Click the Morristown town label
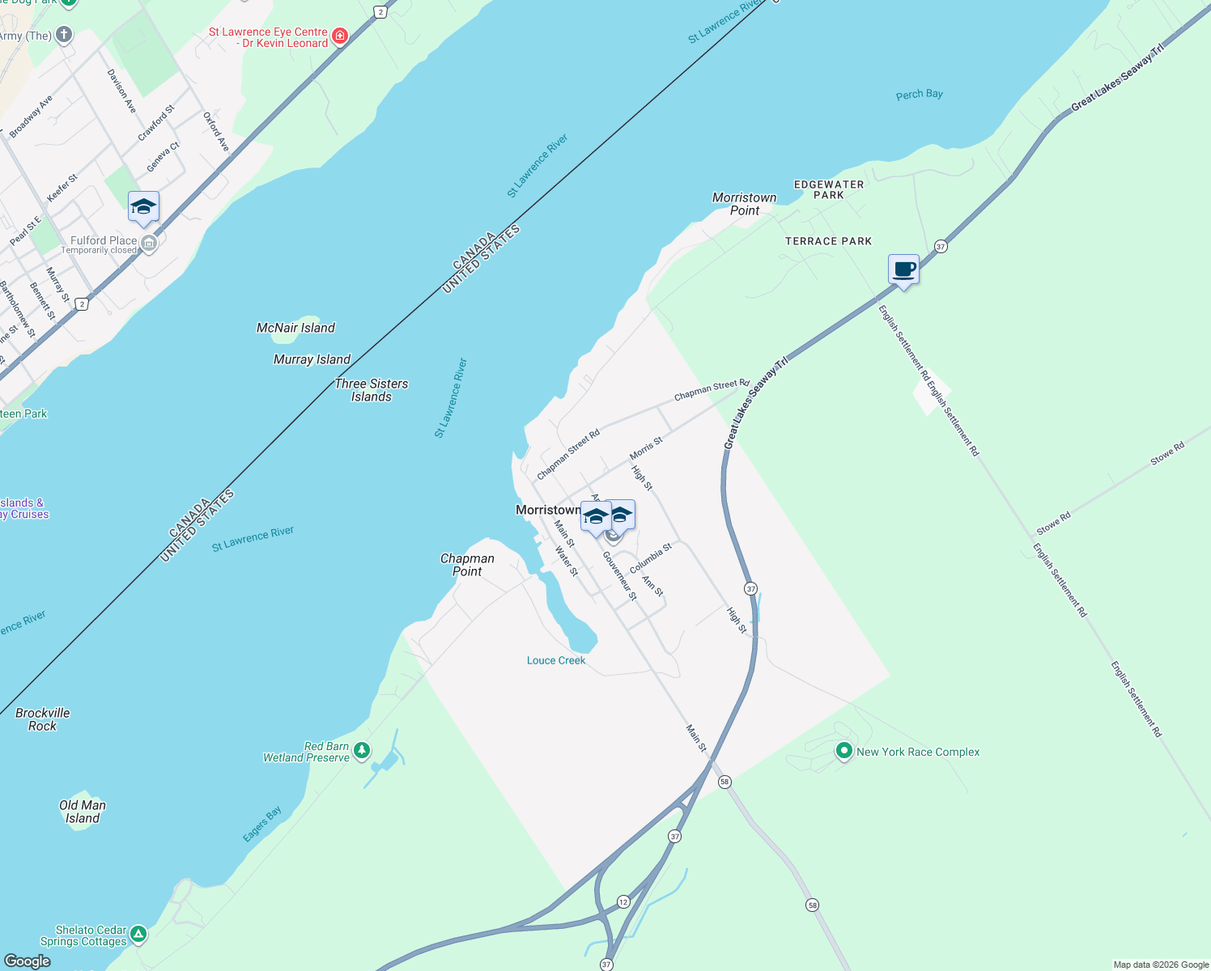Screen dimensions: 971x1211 click(548, 510)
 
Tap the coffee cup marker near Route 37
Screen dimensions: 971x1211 click(903, 270)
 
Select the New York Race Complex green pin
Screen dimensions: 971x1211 click(843, 751)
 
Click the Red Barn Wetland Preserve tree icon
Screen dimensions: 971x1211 click(362, 750)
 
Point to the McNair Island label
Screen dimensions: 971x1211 click(295, 328)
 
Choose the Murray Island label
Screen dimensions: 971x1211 click(312, 359)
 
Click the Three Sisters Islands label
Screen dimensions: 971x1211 click(372, 390)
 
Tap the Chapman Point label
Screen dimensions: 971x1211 click(467, 565)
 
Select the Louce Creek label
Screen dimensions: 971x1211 click(556, 660)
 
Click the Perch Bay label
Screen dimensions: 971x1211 click(919, 95)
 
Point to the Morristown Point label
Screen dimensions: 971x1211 click(744, 204)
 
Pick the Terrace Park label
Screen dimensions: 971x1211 click(828, 241)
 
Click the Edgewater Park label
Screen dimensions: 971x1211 click(829, 189)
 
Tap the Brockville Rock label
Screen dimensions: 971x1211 click(43, 719)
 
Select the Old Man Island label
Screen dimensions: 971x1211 click(83, 812)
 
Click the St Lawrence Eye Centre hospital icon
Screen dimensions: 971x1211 click(340, 36)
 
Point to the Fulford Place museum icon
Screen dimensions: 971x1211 click(148, 243)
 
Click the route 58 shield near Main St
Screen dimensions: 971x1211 click(724, 782)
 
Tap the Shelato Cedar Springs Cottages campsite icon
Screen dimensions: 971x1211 click(138, 935)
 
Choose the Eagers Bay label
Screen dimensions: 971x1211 click(262, 824)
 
